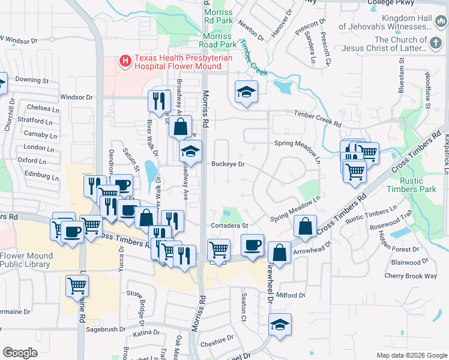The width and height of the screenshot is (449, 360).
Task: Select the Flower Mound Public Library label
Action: click(x=26, y=259)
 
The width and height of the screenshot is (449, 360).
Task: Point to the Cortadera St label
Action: click(x=229, y=226)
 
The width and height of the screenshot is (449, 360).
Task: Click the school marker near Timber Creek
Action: click(x=246, y=92)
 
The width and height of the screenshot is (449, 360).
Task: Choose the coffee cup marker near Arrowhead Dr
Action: click(x=253, y=245)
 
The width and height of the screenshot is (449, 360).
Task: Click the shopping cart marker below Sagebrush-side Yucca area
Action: click(x=77, y=286)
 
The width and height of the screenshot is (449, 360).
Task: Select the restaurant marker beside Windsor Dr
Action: click(x=159, y=100)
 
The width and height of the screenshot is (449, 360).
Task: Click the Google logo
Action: click(x=20, y=352)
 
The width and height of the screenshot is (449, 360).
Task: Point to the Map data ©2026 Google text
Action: click(x=411, y=355)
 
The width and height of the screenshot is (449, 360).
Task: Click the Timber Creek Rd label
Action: click(x=317, y=118)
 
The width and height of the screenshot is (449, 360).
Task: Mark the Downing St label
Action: click(x=32, y=80)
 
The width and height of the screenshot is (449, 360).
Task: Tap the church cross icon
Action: click(x=437, y=44)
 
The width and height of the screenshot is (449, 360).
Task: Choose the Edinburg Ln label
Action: click(x=38, y=177)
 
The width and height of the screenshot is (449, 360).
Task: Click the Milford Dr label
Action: click(x=292, y=295)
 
